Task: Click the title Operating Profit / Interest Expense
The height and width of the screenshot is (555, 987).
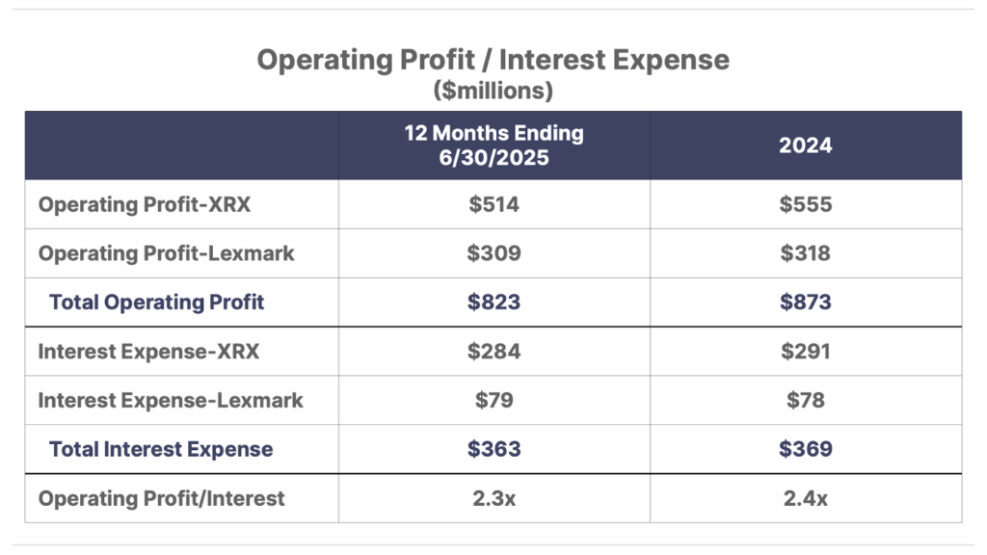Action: (x=493, y=61)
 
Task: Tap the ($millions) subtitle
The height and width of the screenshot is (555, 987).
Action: (x=493, y=92)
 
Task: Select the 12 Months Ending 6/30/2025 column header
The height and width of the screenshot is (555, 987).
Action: (x=493, y=145)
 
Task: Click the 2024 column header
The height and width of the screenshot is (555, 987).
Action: (x=806, y=145)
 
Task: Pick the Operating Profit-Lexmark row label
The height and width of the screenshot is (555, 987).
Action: (x=166, y=253)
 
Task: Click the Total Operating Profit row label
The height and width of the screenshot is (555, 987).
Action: (x=156, y=303)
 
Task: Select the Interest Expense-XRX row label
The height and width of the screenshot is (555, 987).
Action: (x=148, y=352)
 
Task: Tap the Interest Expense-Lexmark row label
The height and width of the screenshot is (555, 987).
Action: (x=171, y=401)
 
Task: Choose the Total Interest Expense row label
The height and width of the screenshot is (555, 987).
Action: (x=161, y=449)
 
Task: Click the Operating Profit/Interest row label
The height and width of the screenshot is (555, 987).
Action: (x=161, y=498)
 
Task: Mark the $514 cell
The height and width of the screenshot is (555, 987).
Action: (x=493, y=204)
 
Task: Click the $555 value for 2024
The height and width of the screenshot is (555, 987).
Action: (x=806, y=204)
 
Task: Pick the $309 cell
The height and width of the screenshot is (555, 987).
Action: (x=493, y=253)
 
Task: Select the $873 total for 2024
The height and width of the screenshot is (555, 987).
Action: (x=806, y=303)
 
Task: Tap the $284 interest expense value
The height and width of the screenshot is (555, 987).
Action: (x=493, y=352)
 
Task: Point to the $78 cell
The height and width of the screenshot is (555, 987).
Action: (x=806, y=401)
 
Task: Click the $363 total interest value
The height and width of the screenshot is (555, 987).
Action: (x=493, y=449)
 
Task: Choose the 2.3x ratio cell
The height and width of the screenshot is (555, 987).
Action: (x=493, y=498)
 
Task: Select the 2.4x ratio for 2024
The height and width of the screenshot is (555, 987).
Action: (x=806, y=498)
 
